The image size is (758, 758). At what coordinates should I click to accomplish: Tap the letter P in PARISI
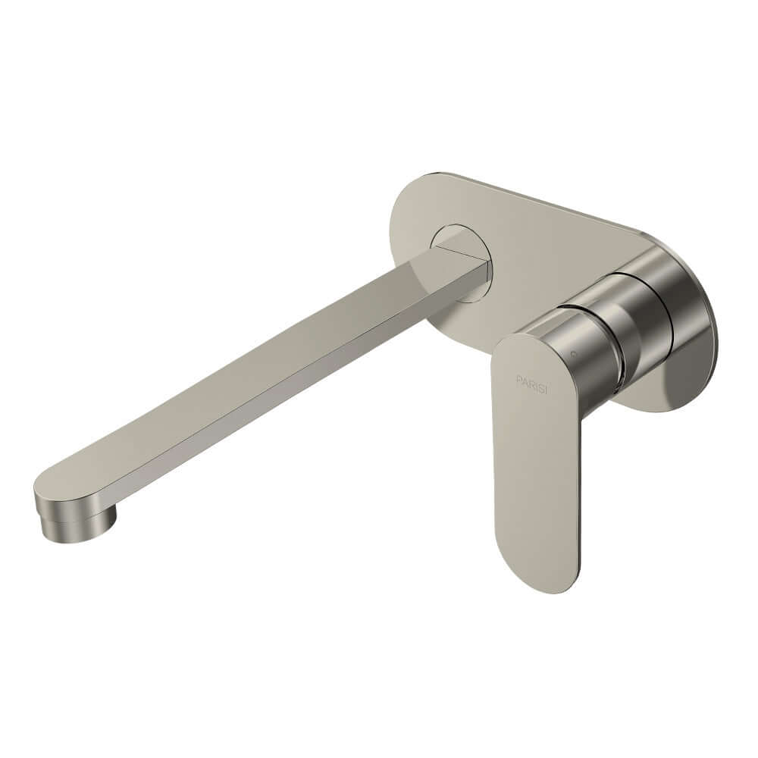tap(519, 378)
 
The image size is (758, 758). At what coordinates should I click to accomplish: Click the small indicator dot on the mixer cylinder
tap(573, 353)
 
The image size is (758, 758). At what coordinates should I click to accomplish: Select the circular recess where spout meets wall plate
tap(462, 262)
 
